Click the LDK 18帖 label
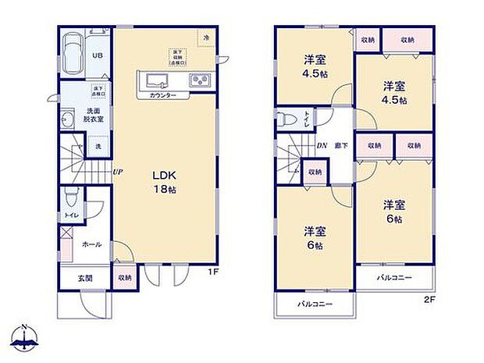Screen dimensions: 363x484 163,182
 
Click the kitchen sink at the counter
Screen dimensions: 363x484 153,80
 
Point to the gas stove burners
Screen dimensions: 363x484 198,80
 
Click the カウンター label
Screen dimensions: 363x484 163,95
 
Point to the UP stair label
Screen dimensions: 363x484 116,173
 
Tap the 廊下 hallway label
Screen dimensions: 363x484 340,146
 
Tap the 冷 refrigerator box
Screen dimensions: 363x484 207,37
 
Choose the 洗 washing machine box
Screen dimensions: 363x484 98,146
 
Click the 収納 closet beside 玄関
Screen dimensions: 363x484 126,277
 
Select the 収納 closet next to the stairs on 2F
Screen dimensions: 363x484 315,173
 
